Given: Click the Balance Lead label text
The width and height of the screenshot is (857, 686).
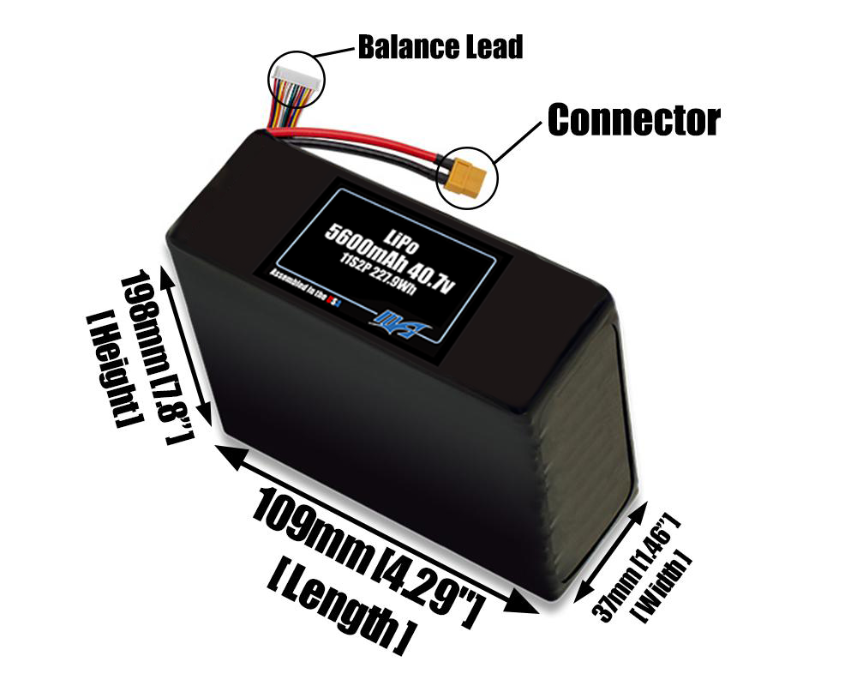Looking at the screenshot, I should click(440, 47).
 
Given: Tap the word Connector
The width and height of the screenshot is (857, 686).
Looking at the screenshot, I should click(633, 120).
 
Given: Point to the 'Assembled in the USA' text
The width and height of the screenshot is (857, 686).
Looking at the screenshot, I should click(306, 286).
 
